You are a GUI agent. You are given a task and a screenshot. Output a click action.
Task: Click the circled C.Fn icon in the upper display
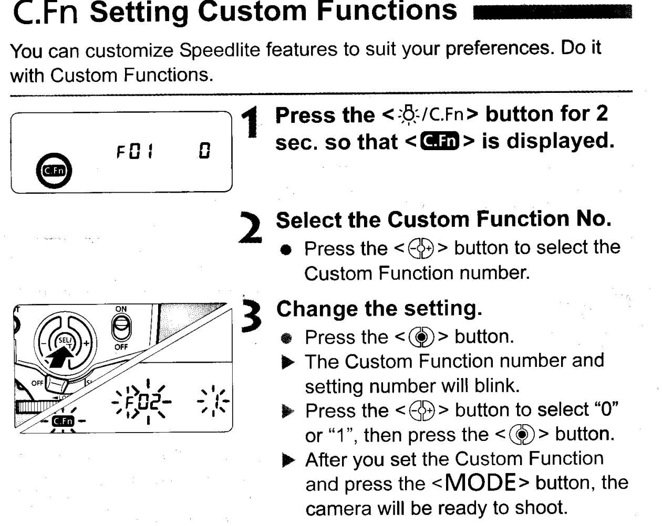(54, 171)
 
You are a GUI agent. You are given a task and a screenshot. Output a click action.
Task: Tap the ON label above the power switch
(121, 309)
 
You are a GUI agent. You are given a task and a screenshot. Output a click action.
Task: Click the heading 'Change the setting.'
(379, 309)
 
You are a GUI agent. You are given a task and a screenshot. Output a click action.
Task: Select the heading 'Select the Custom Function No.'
(443, 220)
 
